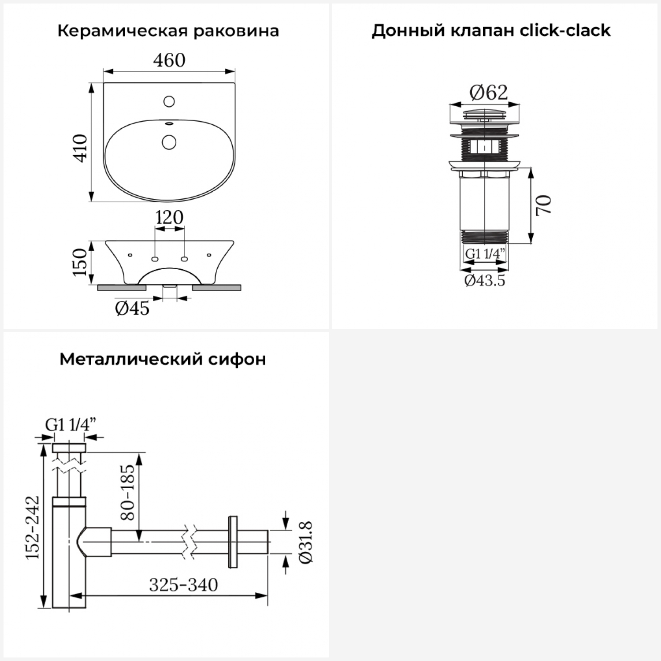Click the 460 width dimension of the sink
[169, 60]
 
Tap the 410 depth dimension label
[81, 148]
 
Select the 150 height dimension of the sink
[80, 262]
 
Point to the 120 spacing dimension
[169, 217]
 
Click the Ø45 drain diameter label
[132, 308]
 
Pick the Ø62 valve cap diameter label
[488, 93]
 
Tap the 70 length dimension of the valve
[544, 205]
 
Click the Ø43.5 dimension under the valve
[485, 280]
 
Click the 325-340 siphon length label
[183, 585]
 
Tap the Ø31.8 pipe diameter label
[305, 542]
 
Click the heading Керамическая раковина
[168, 31]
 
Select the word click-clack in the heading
[565, 31]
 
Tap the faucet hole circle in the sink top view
[169, 102]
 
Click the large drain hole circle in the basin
[169, 142]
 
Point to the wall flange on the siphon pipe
[233, 542]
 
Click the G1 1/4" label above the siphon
[71, 425]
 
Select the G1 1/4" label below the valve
[485, 254]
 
